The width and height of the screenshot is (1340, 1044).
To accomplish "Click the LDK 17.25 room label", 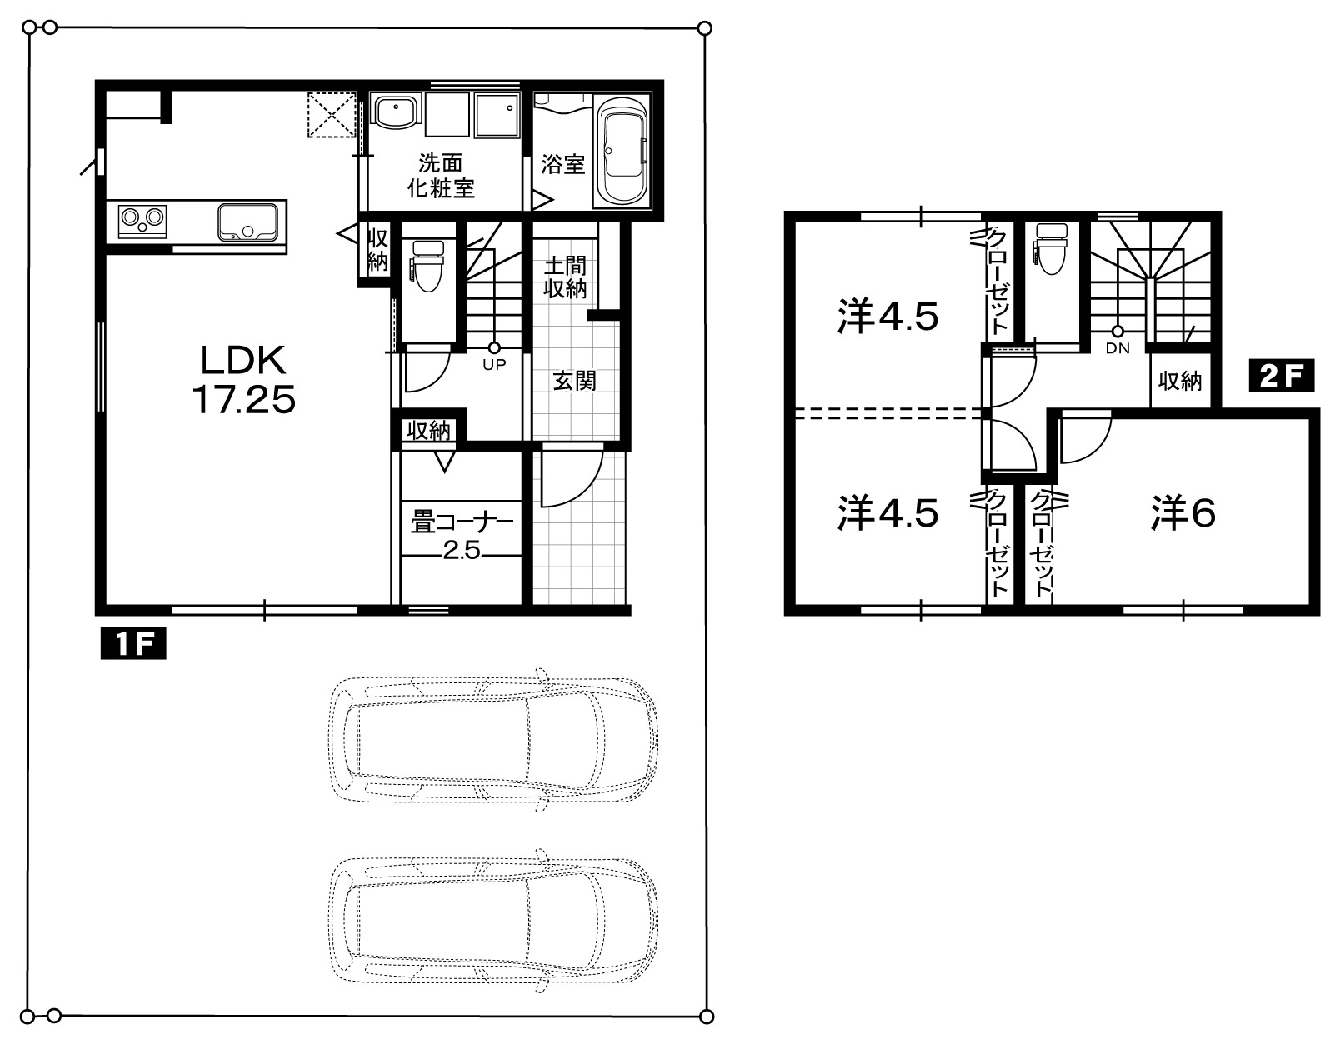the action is coord(243,380).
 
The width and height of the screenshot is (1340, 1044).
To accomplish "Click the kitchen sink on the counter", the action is coord(247,222).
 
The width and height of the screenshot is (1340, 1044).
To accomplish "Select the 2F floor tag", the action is coord(1282,375).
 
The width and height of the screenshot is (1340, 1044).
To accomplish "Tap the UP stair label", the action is coord(494,365).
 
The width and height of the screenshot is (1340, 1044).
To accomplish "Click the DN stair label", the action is coord(1117,348).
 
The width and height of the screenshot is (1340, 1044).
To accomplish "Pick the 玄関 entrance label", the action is coord(575,381).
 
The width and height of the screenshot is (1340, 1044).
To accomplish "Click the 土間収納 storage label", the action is coord(565,277).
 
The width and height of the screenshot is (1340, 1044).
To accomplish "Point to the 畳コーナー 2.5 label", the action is coord(462,537).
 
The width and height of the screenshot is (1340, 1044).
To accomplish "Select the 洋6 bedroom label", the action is coord(1182,513).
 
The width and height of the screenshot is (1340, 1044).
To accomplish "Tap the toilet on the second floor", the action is coord(1052,249).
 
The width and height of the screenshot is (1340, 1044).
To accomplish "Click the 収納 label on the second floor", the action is coord(1180,382).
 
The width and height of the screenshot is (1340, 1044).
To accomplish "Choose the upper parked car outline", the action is coord(493,740).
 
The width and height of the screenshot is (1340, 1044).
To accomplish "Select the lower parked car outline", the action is coord(493,921).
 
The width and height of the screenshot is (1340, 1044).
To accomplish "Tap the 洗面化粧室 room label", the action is coord(440,176).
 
